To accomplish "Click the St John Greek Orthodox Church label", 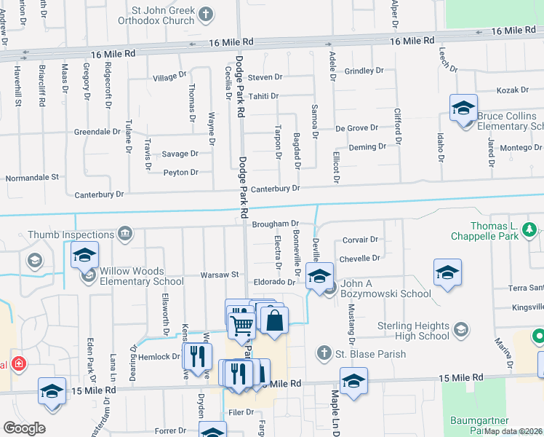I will click(x=162, y=17).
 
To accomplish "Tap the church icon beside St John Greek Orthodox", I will click(x=207, y=13).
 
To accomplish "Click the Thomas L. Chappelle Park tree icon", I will click(x=531, y=230).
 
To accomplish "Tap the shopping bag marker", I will click(x=274, y=320).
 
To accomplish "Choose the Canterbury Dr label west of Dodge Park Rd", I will click(x=100, y=194).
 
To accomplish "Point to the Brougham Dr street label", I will click(x=276, y=224).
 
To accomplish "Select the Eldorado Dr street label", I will click(x=274, y=281).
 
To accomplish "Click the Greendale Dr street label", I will click(x=97, y=132).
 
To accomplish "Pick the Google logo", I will click(x=24, y=428).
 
